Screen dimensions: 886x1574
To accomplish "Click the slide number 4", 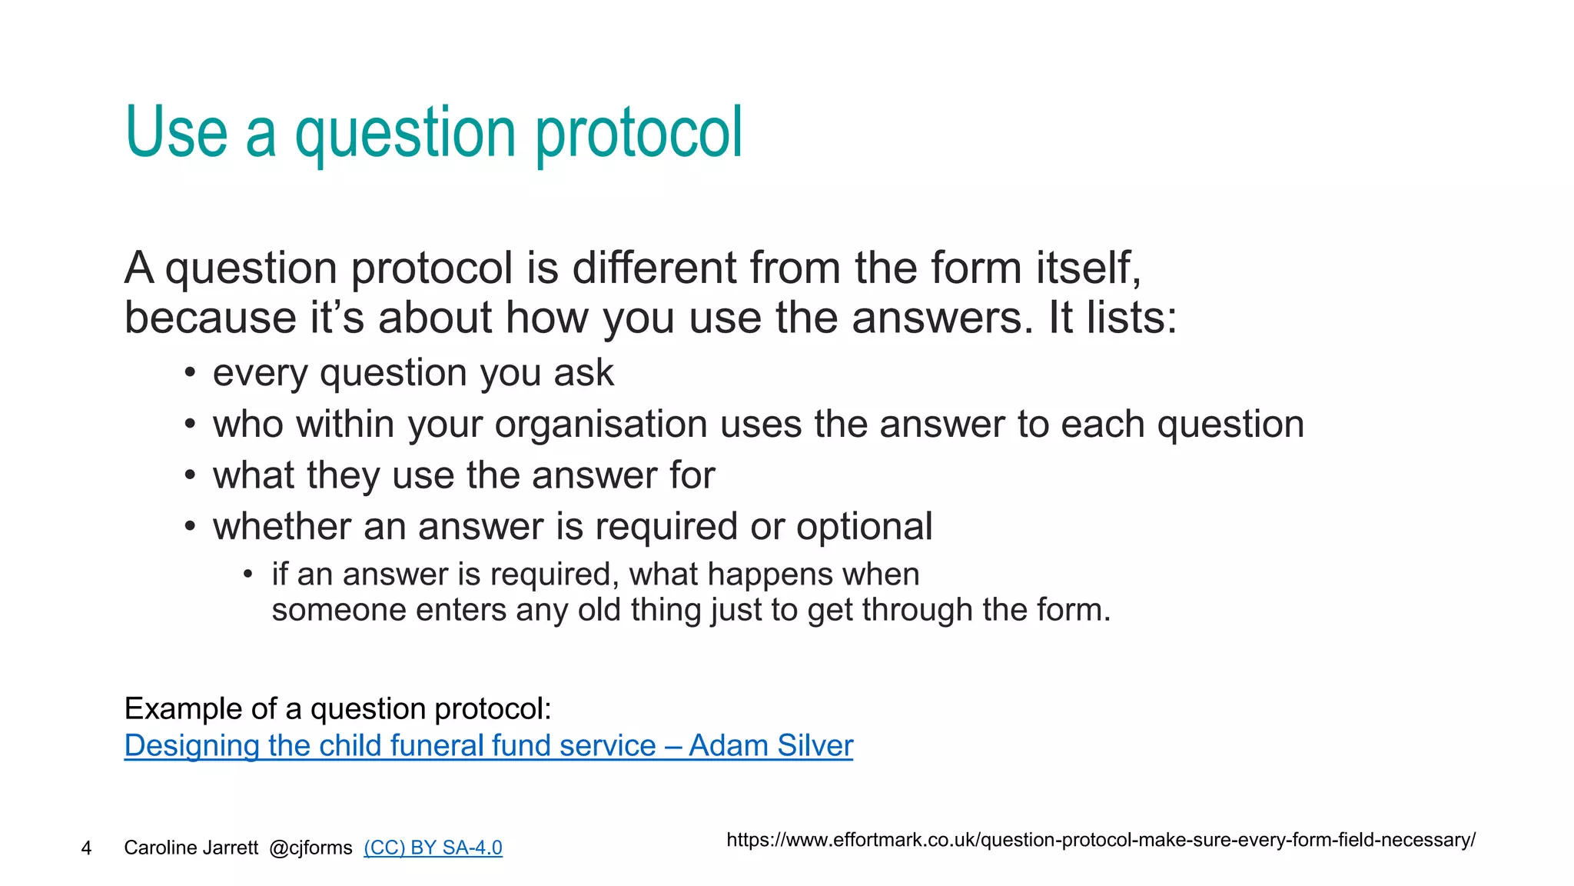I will click(x=86, y=848).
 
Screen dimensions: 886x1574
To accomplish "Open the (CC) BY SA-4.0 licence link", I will click(x=433, y=848).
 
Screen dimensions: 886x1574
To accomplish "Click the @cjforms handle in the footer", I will click(x=310, y=848).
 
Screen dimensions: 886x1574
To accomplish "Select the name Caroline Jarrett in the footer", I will click(x=191, y=848).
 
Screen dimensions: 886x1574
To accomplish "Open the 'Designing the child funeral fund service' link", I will click(x=488, y=745).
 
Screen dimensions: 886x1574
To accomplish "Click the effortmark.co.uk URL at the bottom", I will click(x=1100, y=839).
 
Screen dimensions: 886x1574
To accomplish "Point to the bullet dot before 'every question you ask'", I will click(x=190, y=374).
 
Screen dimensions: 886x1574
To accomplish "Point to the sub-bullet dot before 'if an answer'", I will click(x=247, y=575).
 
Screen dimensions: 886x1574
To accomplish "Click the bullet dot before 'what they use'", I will click(x=190, y=476).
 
